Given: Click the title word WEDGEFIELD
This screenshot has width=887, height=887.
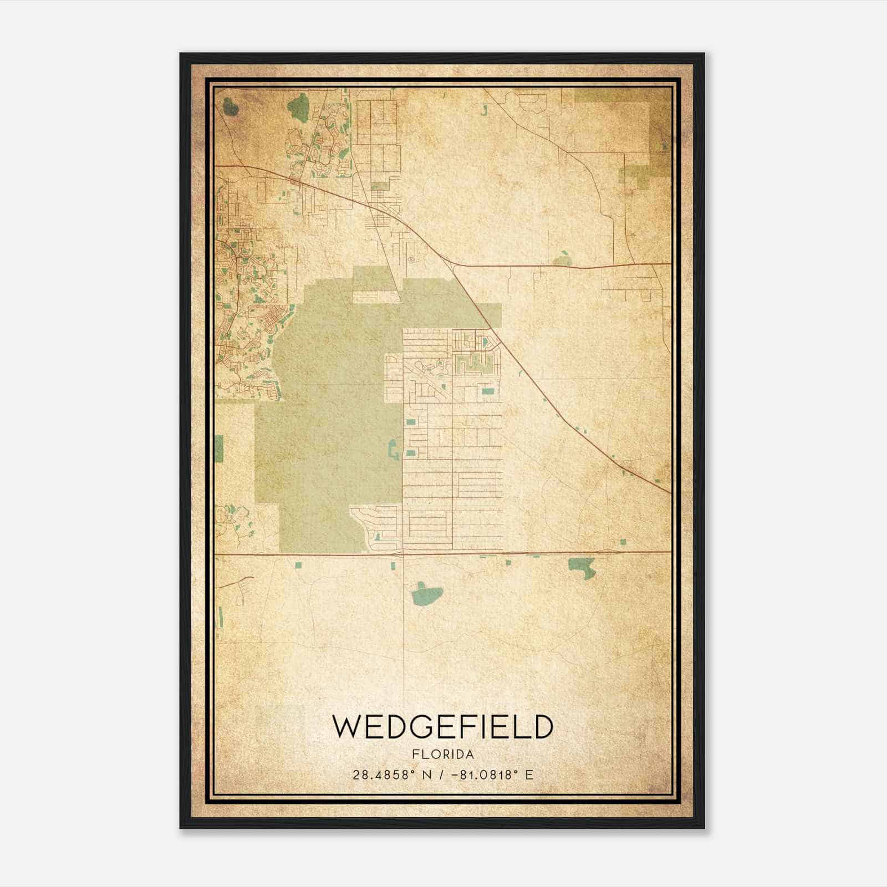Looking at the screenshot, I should click(x=442, y=727).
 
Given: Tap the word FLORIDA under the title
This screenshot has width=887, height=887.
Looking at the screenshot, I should click(x=442, y=755).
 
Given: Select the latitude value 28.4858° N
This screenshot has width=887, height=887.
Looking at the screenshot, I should click(x=389, y=775).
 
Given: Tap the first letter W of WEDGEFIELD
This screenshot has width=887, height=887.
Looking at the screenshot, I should click(x=348, y=727).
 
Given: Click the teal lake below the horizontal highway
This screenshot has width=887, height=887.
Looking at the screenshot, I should click(x=426, y=595).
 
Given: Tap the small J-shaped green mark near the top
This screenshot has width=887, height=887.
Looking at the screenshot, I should click(x=483, y=109).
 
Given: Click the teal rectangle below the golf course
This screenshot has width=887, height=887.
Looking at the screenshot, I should click(x=488, y=391).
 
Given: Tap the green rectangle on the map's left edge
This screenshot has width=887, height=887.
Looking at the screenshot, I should click(x=218, y=448).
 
